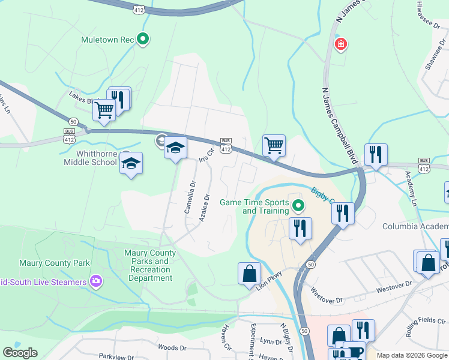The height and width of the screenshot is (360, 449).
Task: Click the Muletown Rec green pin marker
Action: tap(143, 40)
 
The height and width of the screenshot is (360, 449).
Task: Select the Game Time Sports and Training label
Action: tap(255, 206)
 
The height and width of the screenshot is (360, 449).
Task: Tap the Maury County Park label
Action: tap(55, 263)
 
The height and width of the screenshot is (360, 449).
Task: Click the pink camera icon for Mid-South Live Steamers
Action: tap(95, 281)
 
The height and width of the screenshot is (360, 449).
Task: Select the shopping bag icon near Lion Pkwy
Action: tap(249, 273)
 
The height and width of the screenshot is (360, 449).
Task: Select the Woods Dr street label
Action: tap(172, 347)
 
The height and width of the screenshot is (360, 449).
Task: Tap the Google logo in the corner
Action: tap(20, 353)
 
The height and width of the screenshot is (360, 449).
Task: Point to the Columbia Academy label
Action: tap(415, 226)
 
